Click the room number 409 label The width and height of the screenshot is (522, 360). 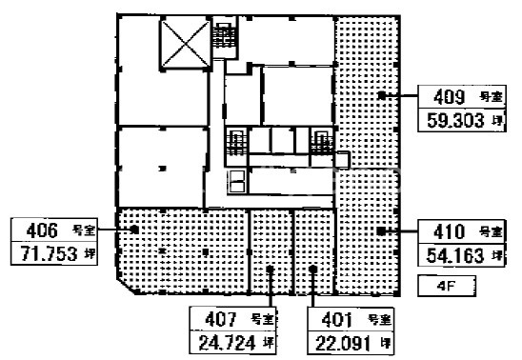click(449, 97)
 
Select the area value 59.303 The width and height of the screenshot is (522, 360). click(455, 120)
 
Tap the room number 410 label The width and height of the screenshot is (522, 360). click(449, 231)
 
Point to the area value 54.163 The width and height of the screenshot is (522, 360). click(455, 255)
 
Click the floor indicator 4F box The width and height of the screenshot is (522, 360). click(447, 286)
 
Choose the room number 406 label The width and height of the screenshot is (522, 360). click(42, 230)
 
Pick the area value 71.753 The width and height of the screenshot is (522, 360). click(49, 254)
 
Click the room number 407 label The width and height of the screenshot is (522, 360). click(221, 319)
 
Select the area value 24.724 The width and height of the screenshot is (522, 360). click(228, 343)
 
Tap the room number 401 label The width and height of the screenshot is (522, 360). click(337, 320)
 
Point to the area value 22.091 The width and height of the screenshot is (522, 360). click(343, 344)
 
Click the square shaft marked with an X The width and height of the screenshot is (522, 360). click(186, 43)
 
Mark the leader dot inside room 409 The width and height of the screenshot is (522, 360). click(382, 96)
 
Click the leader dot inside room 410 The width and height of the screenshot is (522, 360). click(381, 230)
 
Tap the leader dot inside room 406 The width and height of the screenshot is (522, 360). click(134, 230)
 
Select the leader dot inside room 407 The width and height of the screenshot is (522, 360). click(270, 269)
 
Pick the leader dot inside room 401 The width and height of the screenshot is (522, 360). click(312, 269)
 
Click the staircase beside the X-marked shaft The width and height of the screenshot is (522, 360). click(225, 36)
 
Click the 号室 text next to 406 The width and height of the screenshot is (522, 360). click(84, 230)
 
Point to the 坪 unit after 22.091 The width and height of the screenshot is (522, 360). click(386, 343)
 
